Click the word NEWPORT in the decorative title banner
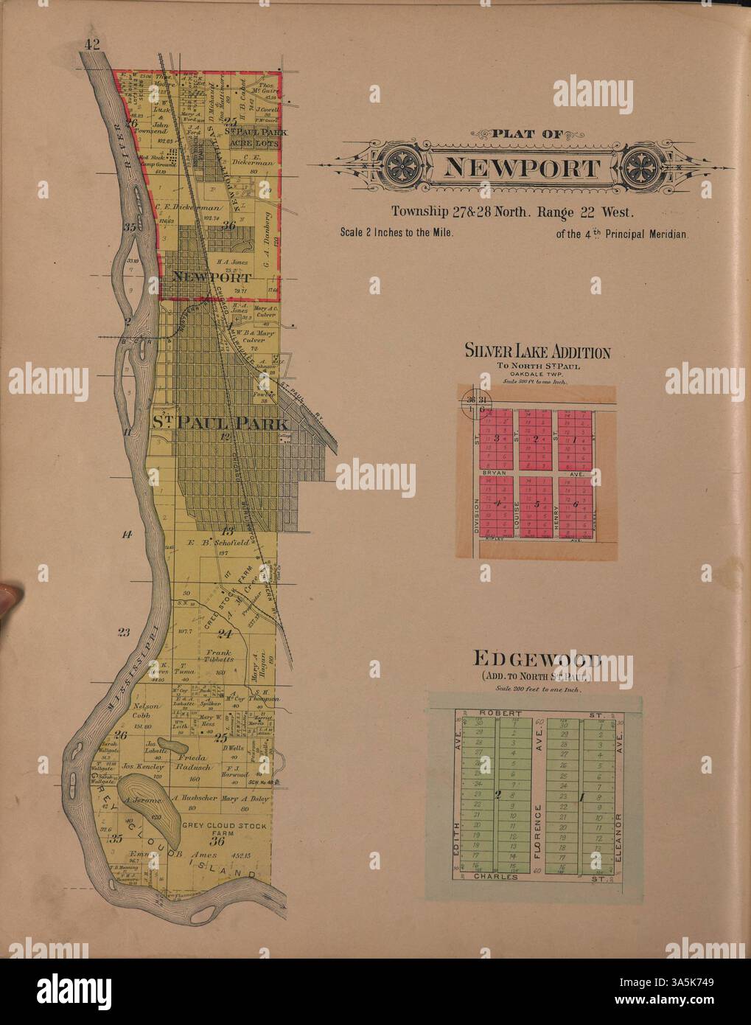521,168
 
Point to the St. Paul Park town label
211,423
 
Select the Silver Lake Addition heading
537,352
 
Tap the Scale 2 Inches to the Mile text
396,232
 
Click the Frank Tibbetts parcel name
220,656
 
